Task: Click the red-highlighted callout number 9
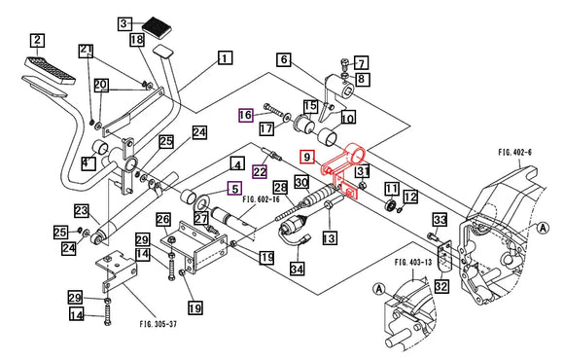point(307,157)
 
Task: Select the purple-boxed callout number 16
point(246,115)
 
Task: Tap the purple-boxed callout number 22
point(260,171)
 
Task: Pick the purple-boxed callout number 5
point(235,189)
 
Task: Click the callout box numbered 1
point(226,57)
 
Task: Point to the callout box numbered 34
point(298,269)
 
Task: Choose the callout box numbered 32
point(441,286)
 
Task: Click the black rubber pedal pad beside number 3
point(157,26)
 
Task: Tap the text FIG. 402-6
point(514,153)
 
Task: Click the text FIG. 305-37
point(159,324)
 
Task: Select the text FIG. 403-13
point(413,262)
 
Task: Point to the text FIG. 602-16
point(262,199)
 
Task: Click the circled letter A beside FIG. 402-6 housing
point(544,228)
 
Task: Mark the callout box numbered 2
point(37,40)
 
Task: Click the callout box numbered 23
point(82,210)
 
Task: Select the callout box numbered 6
point(284,59)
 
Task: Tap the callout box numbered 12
point(410,197)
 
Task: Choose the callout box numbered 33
point(440,219)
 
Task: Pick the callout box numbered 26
point(163,219)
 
